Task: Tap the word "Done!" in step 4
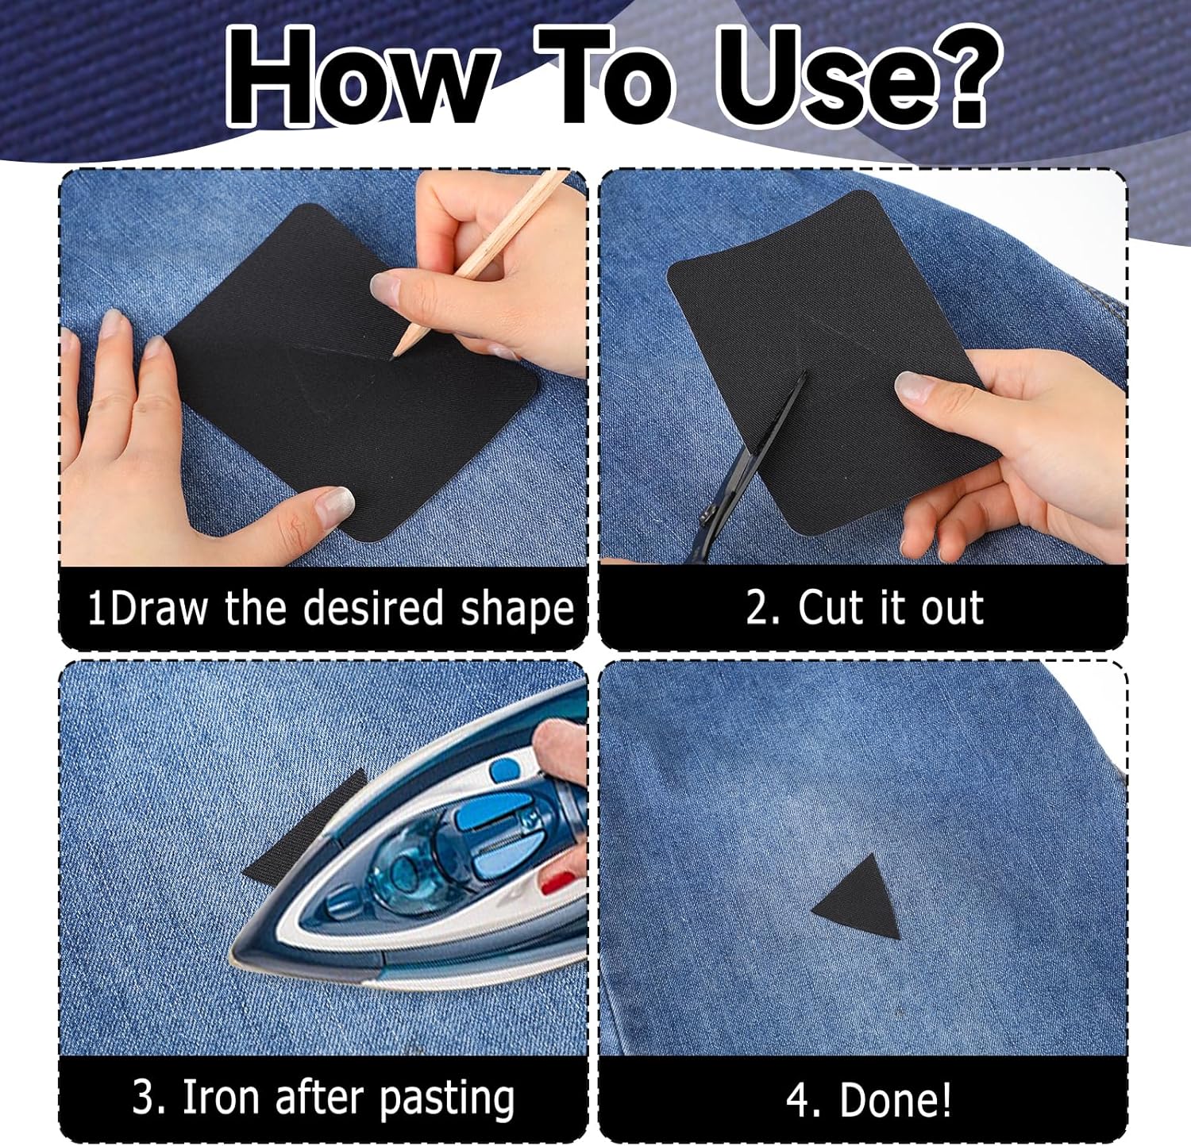[895, 1100]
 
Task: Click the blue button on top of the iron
[503, 770]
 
